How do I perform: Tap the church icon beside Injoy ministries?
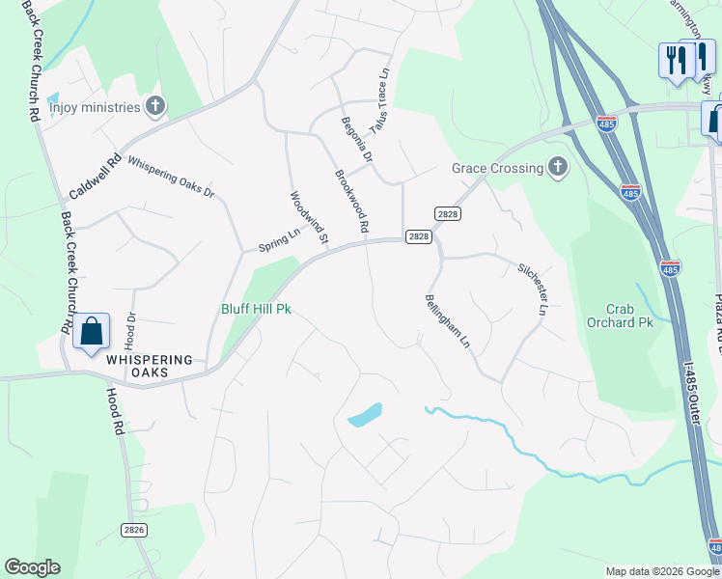tap(155, 106)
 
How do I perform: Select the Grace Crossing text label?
tap(497, 169)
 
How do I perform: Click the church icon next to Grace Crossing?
tap(557, 168)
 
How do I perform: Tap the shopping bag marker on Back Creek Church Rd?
tap(91, 332)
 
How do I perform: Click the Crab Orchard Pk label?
tap(620, 315)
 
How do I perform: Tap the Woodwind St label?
tap(310, 217)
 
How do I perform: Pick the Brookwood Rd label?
tap(352, 202)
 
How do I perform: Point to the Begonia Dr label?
tap(357, 141)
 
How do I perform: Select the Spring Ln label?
tap(280, 240)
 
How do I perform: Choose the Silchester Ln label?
tap(532, 289)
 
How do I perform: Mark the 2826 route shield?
tap(136, 530)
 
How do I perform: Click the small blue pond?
tap(364, 415)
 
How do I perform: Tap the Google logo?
tap(32, 567)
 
